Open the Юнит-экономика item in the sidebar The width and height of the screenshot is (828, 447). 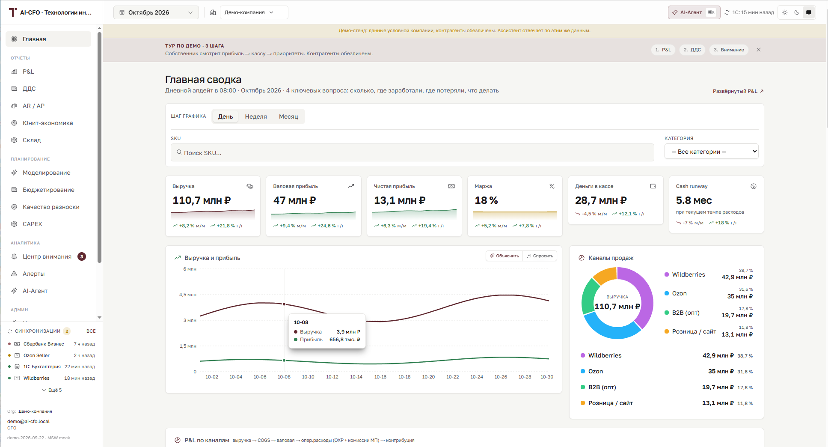click(47, 123)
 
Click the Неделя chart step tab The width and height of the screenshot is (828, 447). click(256, 116)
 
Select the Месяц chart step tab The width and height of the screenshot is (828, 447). click(288, 116)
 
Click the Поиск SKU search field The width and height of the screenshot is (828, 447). click(412, 152)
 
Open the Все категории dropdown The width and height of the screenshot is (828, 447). click(711, 152)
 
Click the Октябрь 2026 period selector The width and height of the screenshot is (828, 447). click(156, 12)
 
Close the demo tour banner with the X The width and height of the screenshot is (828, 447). click(759, 50)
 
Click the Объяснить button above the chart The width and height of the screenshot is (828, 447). click(505, 256)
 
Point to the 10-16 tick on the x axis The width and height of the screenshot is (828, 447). click(380, 377)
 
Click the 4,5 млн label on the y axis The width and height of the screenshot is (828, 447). click(188, 295)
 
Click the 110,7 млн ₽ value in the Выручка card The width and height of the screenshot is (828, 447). click(202, 200)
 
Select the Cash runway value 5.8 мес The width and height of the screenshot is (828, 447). click(694, 200)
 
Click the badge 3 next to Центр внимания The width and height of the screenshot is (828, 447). click(82, 256)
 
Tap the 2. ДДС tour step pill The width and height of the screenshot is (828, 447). click(692, 50)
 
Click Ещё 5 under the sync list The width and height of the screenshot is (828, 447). click(52, 390)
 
